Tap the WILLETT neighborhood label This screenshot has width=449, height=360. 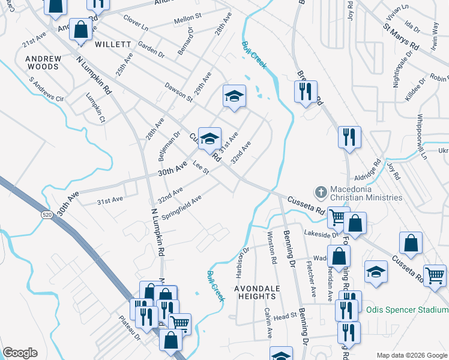click(x=112, y=44)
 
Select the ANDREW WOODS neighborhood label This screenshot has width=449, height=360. click(x=43, y=62)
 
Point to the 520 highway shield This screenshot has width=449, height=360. click(x=47, y=213)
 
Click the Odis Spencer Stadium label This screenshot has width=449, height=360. click(x=407, y=310)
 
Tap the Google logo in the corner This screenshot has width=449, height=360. click(x=20, y=353)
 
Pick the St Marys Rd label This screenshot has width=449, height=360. click(x=401, y=36)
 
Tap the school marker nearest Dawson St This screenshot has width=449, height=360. click(x=234, y=95)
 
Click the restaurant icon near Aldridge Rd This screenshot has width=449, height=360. click(x=349, y=136)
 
